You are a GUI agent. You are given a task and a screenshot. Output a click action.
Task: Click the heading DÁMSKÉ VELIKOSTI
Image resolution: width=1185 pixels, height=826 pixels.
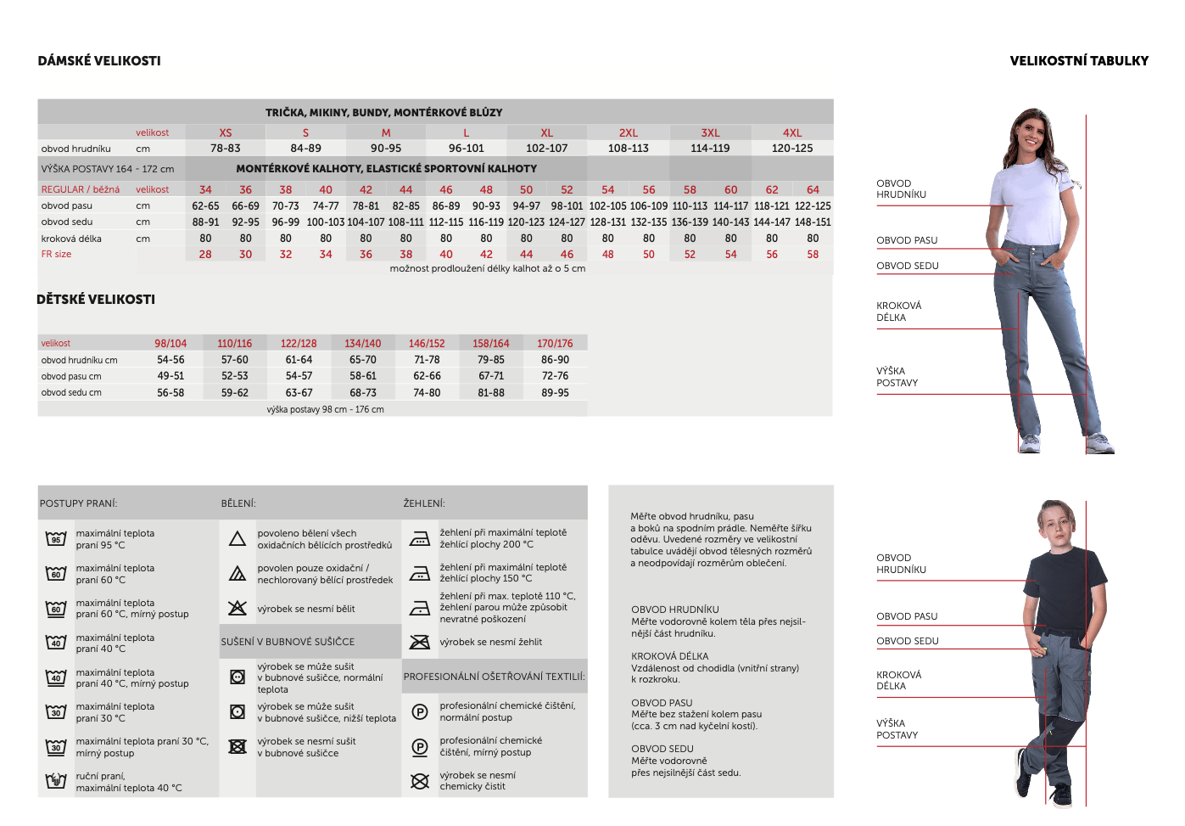[99, 61]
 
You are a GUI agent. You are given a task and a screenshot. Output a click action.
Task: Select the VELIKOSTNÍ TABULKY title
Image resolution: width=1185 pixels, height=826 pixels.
[1079, 61]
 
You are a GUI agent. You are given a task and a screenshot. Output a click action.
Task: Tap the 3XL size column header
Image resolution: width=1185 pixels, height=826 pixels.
[710, 132]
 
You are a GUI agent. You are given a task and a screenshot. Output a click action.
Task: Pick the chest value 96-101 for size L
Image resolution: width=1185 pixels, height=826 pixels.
[467, 149]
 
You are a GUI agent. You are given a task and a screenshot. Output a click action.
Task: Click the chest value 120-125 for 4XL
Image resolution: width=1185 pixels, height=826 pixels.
[792, 149]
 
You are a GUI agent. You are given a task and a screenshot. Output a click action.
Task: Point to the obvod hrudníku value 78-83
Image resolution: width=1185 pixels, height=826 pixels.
[226, 149]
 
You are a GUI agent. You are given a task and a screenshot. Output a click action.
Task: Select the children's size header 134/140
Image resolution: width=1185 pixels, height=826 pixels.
[363, 344]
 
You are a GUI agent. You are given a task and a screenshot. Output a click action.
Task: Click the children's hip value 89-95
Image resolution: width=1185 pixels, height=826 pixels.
[555, 393]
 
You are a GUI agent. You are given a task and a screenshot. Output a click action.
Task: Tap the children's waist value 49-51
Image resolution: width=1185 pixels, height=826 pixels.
[170, 376]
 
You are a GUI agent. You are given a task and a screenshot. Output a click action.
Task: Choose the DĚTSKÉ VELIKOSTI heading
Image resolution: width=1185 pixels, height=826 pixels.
[96, 300]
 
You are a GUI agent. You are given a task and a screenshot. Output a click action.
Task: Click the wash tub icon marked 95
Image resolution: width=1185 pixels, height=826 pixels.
[56, 538]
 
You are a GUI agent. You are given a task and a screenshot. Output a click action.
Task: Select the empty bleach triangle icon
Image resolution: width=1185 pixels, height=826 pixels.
[238, 539]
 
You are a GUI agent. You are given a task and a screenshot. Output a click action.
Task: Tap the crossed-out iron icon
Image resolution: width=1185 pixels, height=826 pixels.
[420, 642]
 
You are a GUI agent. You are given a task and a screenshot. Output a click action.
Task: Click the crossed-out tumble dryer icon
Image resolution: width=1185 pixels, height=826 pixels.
[238, 746]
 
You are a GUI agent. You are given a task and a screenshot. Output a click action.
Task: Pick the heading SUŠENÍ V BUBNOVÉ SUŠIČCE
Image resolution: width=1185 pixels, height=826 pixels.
[288, 642]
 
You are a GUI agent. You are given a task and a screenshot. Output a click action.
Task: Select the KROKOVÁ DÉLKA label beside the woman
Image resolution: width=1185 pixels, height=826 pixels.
[898, 312]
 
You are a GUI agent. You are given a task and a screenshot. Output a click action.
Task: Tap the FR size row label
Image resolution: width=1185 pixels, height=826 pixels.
[56, 254]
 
